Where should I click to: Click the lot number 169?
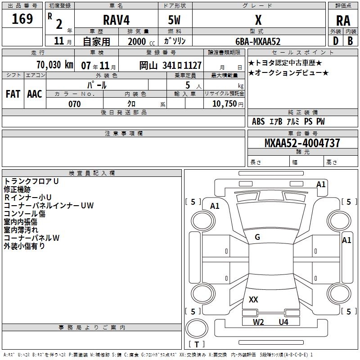(22, 19)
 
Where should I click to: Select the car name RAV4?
(116, 20)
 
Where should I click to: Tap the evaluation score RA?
(343, 21)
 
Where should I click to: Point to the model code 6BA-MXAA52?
(258, 41)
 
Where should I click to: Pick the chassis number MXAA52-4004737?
(302, 143)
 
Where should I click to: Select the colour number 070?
(74, 104)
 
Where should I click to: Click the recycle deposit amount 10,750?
(224, 104)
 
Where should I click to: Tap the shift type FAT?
(13, 94)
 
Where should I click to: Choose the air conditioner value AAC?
(34, 94)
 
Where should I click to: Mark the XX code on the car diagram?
(253, 299)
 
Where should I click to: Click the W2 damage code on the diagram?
(258, 322)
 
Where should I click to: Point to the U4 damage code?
(283, 322)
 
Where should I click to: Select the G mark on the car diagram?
(257, 237)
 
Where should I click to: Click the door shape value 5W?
(175, 20)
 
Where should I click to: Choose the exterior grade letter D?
(335, 41)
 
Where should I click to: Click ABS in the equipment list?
(258, 121)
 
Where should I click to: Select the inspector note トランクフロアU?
(31, 181)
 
